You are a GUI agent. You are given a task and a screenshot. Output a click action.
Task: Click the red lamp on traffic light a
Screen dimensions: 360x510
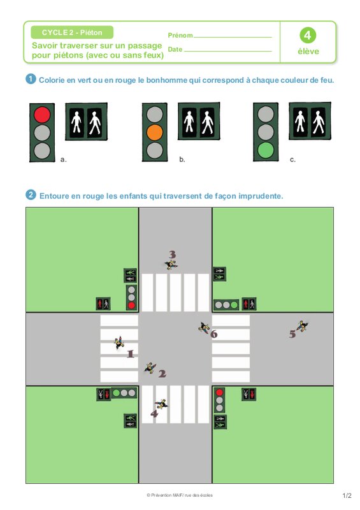coord(42,115)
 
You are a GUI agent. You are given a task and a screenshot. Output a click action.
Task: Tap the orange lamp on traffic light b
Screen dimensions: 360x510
coord(155,133)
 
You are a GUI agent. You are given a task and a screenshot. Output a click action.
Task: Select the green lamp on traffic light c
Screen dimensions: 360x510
coord(266,150)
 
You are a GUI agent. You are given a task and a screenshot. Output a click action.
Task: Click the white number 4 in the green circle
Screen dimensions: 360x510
coord(308,36)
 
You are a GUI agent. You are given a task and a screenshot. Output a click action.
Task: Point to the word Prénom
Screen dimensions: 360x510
coord(180,35)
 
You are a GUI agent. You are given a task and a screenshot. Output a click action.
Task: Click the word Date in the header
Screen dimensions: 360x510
coord(175,50)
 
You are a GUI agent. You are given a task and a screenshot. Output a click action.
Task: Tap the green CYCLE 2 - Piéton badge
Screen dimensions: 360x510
coord(72,33)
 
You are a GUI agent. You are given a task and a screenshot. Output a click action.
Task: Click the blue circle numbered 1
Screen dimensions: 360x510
coord(31,79)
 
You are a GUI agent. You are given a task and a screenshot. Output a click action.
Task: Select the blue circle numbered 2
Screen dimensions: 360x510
coord(31,195)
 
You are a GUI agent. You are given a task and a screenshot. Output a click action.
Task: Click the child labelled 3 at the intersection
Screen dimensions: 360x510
coord(171,265)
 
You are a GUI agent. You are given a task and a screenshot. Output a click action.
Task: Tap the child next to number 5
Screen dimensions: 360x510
coord(302,326)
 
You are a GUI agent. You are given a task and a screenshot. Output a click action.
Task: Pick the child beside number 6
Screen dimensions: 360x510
coord(204,328)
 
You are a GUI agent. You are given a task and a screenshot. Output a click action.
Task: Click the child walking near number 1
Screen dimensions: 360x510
coord(119,342)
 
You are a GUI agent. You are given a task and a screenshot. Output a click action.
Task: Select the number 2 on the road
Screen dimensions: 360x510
coord(162,374)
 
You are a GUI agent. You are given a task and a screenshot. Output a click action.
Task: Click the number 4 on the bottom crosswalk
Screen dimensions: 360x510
coord(154,413)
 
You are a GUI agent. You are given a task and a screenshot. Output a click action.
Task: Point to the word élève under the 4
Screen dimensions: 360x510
coord(308,52)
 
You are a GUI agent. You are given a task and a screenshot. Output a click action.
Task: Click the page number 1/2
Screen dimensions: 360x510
coord(347,495)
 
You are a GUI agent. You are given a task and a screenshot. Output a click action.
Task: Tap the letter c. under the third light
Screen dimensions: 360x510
coord(292,159)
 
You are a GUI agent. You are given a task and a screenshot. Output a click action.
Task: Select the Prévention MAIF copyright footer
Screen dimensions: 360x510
coord(180,495)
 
